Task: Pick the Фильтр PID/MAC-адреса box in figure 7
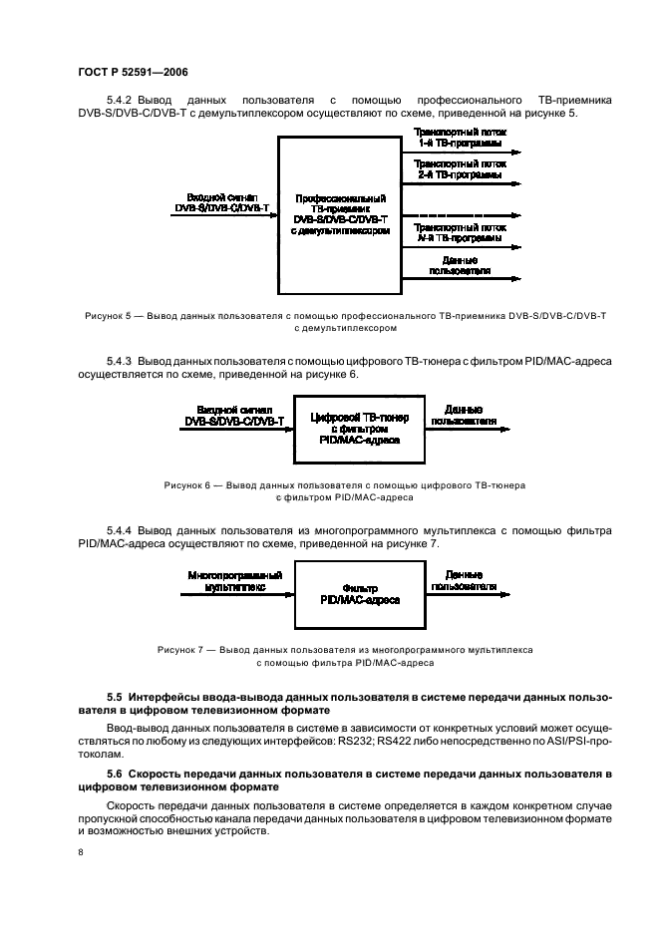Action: coord(360,595)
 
